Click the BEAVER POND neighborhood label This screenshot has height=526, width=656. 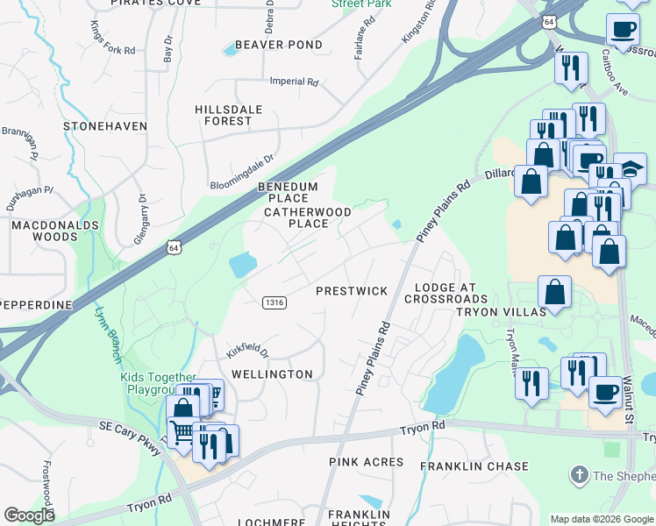(278, 45)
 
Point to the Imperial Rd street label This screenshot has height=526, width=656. (293, 82)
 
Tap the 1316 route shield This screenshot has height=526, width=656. (275, 302)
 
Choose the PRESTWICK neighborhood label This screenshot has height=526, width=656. (351, 290)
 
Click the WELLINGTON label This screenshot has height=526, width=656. (272, 374)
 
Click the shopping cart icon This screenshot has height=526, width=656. (182, 430)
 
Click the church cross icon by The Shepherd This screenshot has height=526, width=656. (578, 475)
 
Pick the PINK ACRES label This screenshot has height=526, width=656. (366, 462)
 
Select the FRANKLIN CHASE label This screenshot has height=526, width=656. (474, 466)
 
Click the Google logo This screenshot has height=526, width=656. (29, 515)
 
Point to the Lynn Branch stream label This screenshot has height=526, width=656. (106, 328)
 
